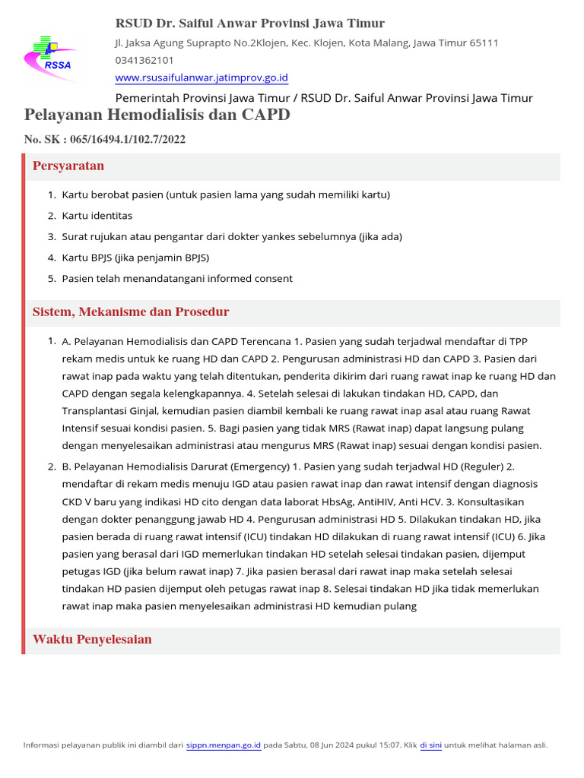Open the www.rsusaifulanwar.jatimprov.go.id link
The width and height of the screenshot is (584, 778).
pos(201,77)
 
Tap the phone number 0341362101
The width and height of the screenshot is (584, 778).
pos(144,60)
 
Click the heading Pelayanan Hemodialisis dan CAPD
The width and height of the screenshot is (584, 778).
pos(157,115)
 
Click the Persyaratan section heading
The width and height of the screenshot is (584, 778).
pos(68,166)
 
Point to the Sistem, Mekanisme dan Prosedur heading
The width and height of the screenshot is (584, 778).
pos(131,312)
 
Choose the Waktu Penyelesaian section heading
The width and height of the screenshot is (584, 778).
pos(92,639)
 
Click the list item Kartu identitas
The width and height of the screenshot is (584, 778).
pos(97,216)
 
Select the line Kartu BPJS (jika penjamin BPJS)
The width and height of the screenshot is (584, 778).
pos(135,258)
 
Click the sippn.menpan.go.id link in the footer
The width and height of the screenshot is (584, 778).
pos(224,745)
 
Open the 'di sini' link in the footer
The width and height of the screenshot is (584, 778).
pos(430,745)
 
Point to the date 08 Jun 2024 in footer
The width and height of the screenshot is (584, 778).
pos(340,745)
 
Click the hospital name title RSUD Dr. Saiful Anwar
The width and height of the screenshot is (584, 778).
pos(249,24)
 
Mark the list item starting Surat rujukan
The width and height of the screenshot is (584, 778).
pos(232,236)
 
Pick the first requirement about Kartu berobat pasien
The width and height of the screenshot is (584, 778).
pos(226,194)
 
